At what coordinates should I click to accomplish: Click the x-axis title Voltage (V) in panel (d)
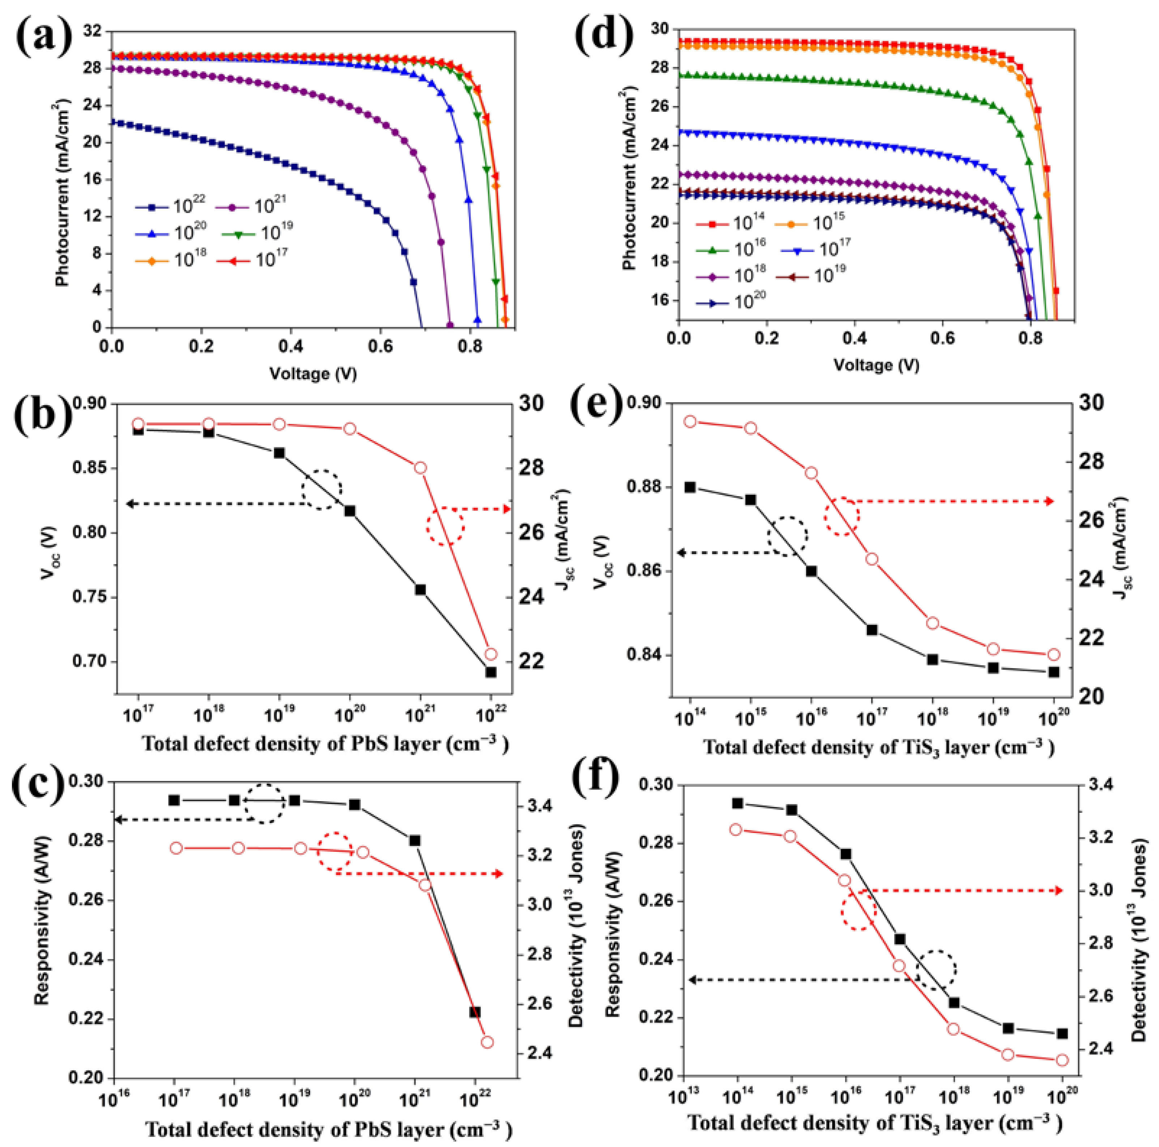[x=876, y=365]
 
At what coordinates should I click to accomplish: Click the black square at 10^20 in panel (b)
[x=350, y=511]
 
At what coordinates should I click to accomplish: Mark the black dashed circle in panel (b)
[x=322, y=490]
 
